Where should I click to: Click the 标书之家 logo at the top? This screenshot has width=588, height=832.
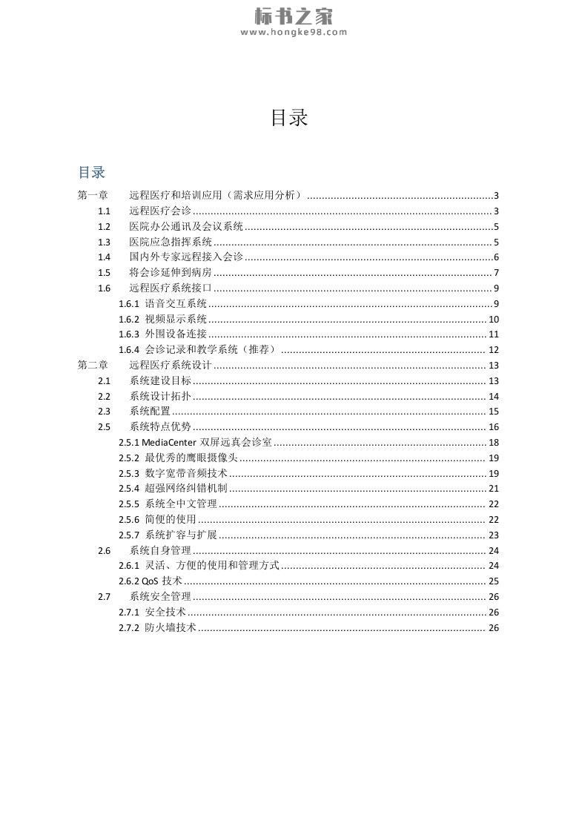pos(294,15)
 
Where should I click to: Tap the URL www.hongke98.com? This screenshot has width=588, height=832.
pos(294,32)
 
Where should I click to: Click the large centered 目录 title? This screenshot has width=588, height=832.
pos(289,117)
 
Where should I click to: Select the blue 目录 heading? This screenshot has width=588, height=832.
pos(92,172)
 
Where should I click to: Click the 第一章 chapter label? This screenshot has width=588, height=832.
pos(93,196)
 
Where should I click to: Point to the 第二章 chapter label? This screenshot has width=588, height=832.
pos(93,365)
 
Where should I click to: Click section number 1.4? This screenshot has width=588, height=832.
pos(104,257)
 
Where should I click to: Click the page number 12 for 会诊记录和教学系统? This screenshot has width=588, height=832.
pos(493,350)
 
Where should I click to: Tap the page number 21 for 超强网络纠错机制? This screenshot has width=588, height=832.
pos(493,489)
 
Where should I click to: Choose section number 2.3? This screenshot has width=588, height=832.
pos(104,412)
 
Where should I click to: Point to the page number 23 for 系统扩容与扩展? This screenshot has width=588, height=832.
pos(493,535)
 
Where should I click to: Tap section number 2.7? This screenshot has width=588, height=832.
pos(104,596)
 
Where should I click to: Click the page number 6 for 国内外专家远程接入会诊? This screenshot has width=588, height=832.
pos(496,257)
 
